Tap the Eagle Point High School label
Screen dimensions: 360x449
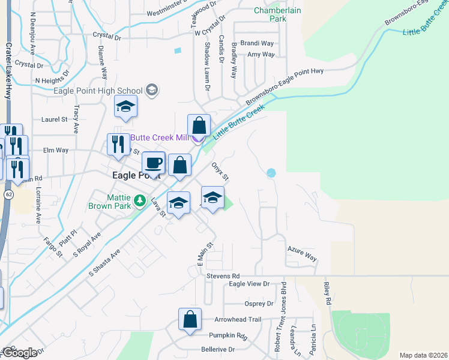point(98,91)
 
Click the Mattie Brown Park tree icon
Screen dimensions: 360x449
point(140,200)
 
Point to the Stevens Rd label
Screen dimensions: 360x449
point(223,275)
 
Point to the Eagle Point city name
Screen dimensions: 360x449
point(137,175)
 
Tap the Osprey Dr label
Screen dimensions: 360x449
point(259,304)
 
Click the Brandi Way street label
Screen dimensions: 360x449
point(257,43)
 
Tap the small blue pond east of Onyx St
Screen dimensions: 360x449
point(271,173)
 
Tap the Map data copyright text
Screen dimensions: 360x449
point(423,355)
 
